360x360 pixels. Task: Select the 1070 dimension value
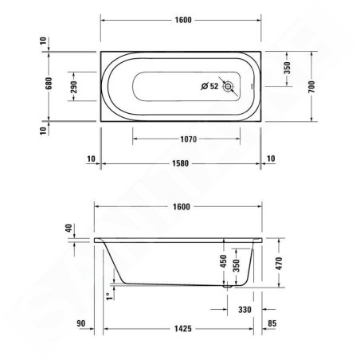[187, 139]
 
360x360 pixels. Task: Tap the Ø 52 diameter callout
[209, 86]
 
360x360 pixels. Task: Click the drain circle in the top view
[229, 86]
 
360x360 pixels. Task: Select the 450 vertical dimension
[224, 260]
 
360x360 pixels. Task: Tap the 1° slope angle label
[108, 296]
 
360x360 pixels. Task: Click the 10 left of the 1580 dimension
[90, 159]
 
